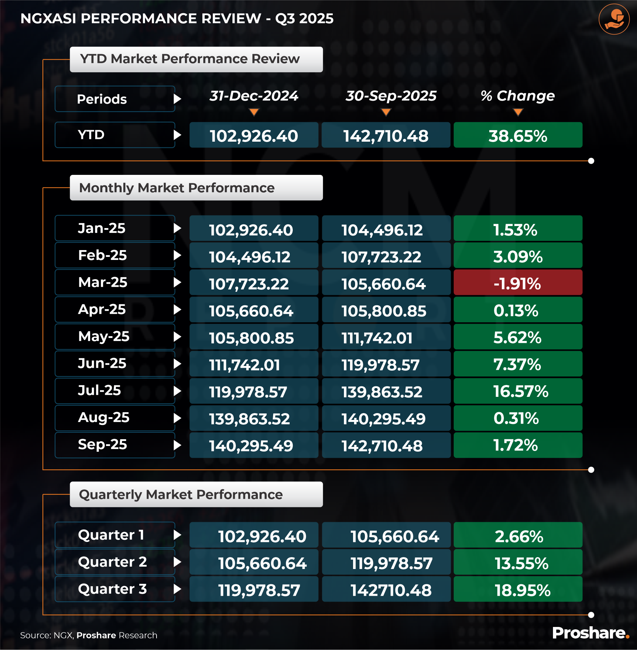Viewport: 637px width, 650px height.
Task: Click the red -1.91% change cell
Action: [x=518, y=283]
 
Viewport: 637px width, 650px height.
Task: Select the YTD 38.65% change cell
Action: [x=518, y=135]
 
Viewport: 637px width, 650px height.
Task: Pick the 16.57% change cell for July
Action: [x=518, y=391]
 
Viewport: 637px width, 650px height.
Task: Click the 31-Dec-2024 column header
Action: [x=254, y=96]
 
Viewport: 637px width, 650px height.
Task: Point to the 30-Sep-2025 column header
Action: [x=391, y=96]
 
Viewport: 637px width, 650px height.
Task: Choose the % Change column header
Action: [x=517, y=96]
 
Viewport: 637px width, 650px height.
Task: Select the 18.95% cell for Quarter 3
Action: [x=518, y=590]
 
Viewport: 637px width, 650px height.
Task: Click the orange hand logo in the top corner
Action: [x=614, y=19]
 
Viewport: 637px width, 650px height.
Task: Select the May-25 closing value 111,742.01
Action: [x=386, y=337]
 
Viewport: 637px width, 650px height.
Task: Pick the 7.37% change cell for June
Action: [x=518, y=364]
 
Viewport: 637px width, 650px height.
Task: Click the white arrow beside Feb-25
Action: [x=177, y=255]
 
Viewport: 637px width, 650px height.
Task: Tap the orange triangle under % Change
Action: [x=518, y=112]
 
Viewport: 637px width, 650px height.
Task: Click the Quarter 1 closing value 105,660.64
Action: [x=386, y=535]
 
